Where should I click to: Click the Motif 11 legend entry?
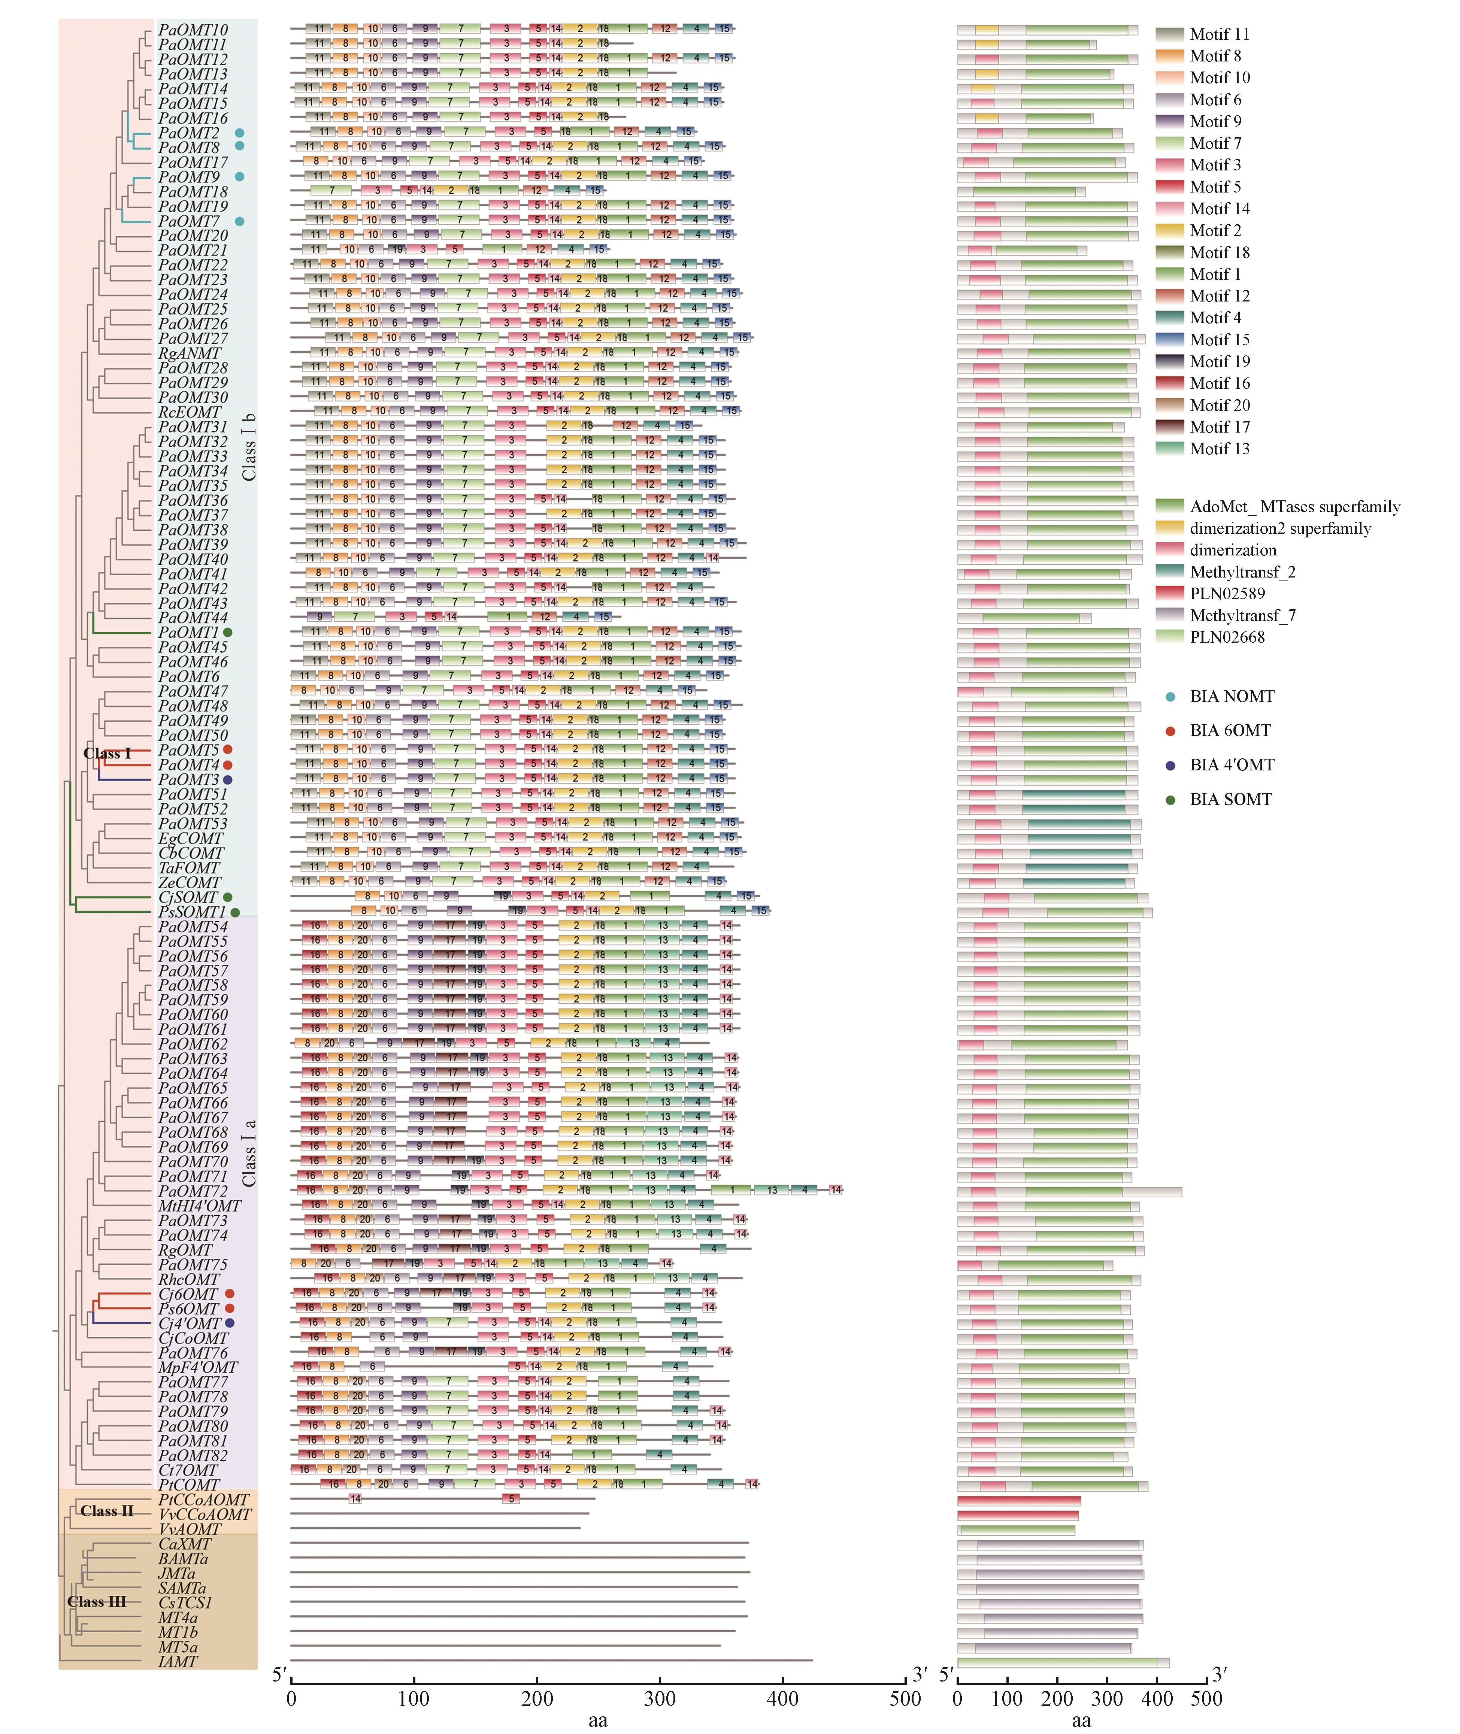point(1218,34)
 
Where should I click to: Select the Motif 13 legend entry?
point(1218,449)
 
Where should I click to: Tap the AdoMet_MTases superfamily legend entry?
point(1294,507)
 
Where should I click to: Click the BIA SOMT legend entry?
point(1230,800)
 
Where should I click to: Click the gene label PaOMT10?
point(193,30)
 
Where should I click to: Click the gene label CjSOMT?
point(188,897)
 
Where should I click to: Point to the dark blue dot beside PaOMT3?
point(228,780)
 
